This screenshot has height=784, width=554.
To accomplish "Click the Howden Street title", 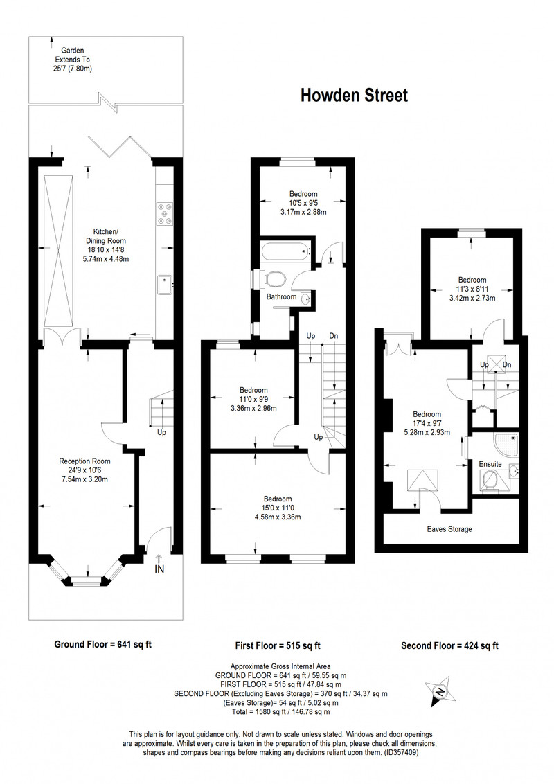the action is click(354, 95).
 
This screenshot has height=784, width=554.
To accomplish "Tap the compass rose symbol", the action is click(440, 691).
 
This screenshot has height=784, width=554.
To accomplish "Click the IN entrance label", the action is click(159, 569).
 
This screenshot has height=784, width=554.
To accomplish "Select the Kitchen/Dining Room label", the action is click(106, 236).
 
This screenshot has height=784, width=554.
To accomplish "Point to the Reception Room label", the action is click(84, 461).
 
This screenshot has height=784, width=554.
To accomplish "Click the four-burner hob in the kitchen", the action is click(165, 213).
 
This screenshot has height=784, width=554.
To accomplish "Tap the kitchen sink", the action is click(165, 285).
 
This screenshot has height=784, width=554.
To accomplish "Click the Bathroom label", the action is click(281, 296).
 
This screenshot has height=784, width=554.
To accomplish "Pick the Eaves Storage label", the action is click(449, 529).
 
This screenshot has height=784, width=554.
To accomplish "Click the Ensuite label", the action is click(490, 464).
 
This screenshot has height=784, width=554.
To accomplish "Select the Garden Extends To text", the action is click(73, 55).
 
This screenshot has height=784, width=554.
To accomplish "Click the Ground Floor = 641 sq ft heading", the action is click(102, 645).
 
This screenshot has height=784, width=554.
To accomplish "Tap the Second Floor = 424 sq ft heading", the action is click(449, 645).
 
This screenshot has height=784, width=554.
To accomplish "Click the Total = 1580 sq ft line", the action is click(280, 711).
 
